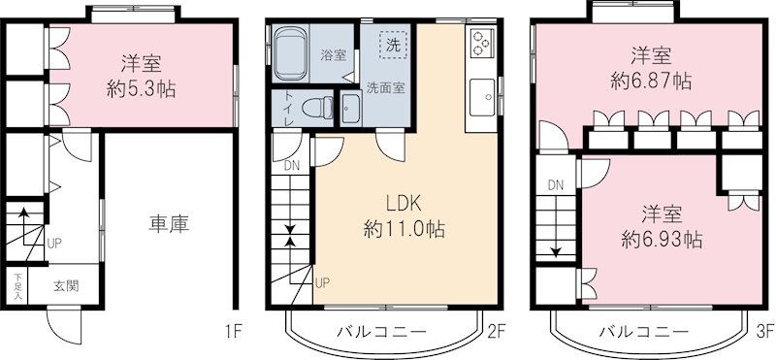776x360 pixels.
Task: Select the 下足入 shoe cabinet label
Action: click(x=17, y=286)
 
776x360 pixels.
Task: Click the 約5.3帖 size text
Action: click(x=143, y=90)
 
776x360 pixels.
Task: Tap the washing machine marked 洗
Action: click(x=392, y=44)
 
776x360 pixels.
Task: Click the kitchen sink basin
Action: click(x=481, y=95)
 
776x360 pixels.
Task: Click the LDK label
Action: click(x=404, y=205)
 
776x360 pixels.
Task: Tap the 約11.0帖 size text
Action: click(x=404, y=230)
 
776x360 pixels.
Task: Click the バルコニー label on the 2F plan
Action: click(x=381, y=331)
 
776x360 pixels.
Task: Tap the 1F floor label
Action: click(x=233, y=331)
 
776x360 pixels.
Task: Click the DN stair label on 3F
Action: click(x=555, y=184)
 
